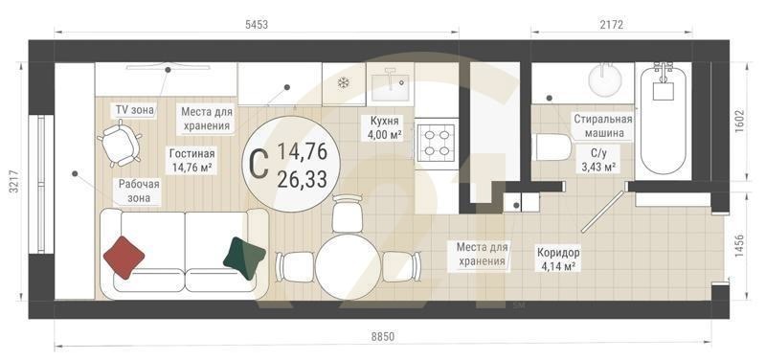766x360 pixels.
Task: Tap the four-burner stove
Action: [x=437, y=142]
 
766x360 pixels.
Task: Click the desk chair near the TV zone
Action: [x=119, y=144]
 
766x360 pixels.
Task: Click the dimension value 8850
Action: [x=383, y=336]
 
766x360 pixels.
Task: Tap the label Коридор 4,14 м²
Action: [x=555, y=259]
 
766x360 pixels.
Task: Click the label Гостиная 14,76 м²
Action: [x=191, y=160]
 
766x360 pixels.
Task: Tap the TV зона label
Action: [x=133, y=110]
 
